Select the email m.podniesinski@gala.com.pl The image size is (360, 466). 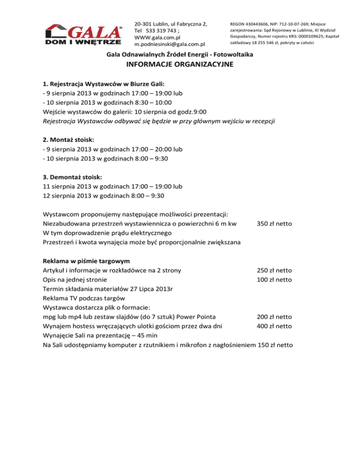170,44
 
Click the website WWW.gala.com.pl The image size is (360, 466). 157,37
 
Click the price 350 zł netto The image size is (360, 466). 275,224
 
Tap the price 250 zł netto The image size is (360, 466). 275,271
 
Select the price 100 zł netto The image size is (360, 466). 275,280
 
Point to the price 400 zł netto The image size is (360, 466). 275,326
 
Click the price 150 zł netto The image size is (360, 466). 276,345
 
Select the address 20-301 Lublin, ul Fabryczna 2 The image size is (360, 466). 170,23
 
